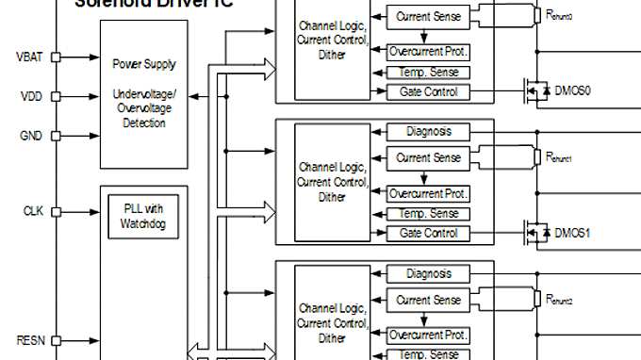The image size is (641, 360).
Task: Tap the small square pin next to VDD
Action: click(x=56, y=96)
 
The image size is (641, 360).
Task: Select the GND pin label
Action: click(x=30, y=136)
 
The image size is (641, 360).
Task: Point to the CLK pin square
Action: click(x=56, y=211)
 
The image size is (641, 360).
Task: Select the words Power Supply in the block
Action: click(x=144, y=65)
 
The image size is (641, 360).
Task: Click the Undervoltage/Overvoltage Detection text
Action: click(x=144, y=109)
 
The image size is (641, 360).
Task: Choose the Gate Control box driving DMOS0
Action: click(x=429, y=91)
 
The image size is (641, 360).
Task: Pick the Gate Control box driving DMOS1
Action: click(x=429, y=233)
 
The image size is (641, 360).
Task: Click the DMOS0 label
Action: click(x=572, y=91)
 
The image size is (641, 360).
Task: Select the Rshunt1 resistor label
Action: click(x=559, y=156)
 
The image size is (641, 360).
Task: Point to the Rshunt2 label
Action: click(x=559, y=300)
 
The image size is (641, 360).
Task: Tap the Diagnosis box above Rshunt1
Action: click(x=429, y=132)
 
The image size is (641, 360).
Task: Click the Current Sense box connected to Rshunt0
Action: click(x=429, y=17)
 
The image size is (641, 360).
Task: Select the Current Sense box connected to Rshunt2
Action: click(x=429, y=301)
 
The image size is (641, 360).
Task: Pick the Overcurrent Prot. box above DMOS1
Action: click(x=429, y=193)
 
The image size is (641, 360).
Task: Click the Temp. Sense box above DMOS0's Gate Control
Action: click(x=429, y=73)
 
